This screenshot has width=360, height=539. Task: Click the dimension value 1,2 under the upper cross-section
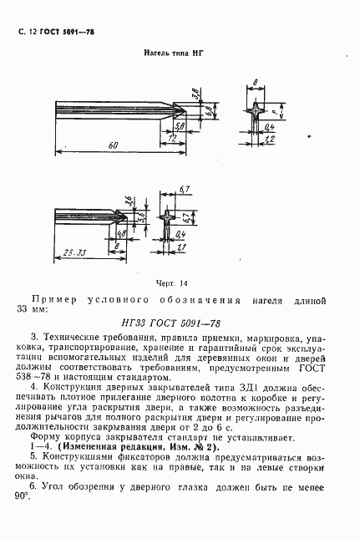click(x=269, y=139)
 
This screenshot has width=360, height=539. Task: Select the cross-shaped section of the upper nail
click(x=254, y=110)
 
